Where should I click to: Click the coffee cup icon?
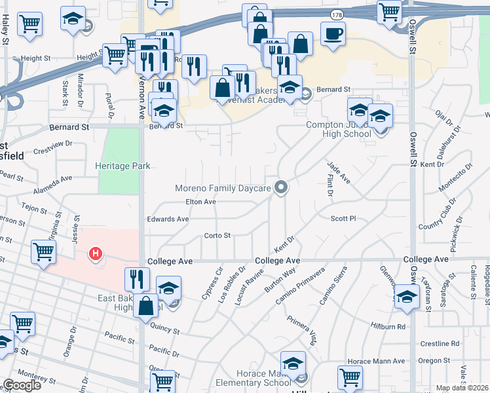[x=333, y=33]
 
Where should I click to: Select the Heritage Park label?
[x=123, y=166]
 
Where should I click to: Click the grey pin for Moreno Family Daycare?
[x=282, y=188]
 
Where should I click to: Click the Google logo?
[x=22, y=385]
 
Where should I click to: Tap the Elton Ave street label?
[x=200, y=202]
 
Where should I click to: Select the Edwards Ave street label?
[x=168, y=219]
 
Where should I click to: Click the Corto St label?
[x=217, y=235]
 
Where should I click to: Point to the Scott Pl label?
[x=343, y=219]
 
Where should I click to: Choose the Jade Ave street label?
[x=342, y=174]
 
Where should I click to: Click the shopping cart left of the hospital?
[x=43, y=251]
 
